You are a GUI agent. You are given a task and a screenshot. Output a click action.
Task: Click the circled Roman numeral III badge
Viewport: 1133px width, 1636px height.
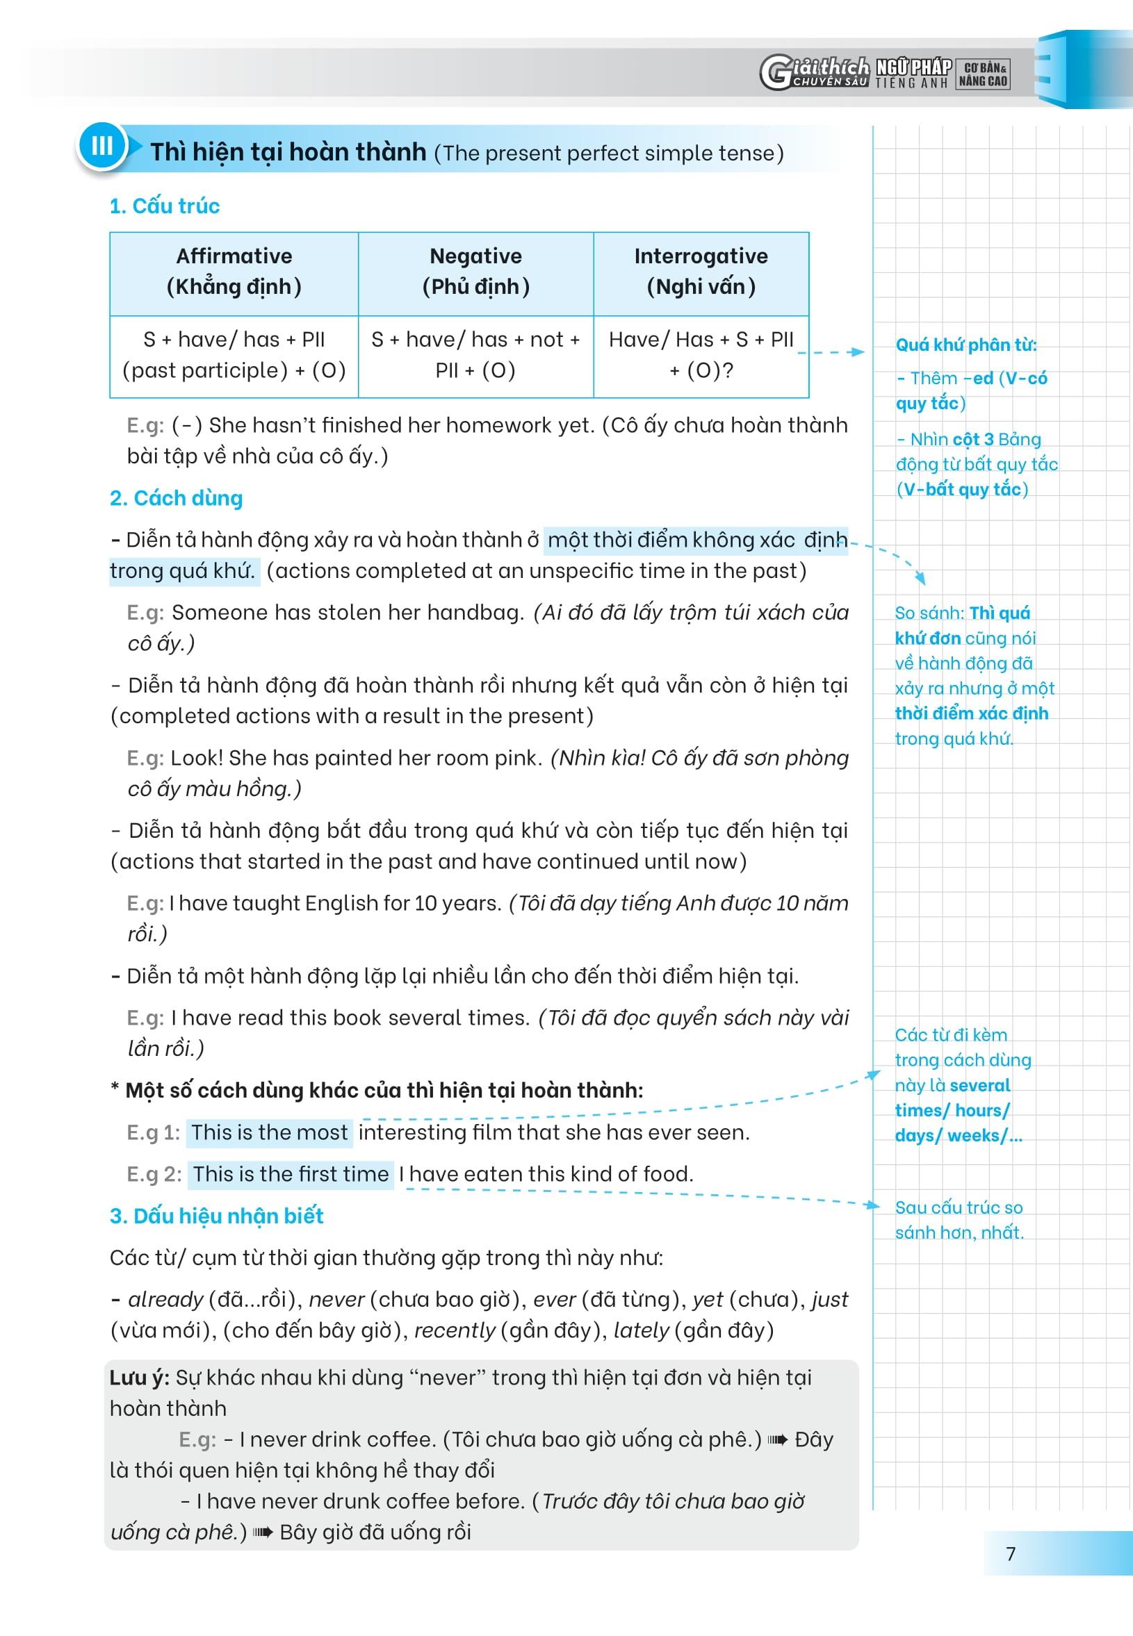coord(101,146)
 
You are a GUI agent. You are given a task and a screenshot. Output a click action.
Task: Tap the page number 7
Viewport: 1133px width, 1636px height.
coord(1011,1553)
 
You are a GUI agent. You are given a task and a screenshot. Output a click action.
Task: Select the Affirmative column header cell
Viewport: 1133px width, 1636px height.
coord(234,272)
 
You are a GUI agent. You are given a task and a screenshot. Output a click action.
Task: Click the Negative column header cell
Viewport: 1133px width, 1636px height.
coord(475,272)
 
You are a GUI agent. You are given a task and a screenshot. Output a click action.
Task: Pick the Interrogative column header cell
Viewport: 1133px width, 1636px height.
coord(701,272)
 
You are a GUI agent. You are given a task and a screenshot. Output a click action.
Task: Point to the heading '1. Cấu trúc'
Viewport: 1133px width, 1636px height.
coord(165,206)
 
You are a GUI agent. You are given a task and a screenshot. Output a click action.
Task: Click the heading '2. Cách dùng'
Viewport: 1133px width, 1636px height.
coord(176,498)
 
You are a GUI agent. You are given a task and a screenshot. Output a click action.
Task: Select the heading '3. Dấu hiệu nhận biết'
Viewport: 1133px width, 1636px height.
coord(216,1215)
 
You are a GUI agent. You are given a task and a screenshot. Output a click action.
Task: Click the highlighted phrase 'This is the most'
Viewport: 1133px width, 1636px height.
coord(270,1132)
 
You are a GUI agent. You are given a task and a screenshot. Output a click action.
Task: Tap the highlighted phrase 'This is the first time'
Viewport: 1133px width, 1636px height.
coord(291,1173)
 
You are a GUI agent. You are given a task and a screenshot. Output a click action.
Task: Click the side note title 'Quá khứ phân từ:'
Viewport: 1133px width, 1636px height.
coord(965,345)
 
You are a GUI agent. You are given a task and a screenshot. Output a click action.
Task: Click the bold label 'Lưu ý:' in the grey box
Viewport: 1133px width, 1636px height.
coord(139,1378)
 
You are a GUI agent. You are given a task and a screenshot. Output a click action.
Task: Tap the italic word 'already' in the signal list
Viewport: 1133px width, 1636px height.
coord(165,1299)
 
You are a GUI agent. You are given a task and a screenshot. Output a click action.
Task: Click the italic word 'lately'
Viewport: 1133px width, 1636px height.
coord(641,1330)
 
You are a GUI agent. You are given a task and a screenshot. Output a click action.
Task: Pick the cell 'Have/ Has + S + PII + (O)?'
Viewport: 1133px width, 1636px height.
coord(701,355)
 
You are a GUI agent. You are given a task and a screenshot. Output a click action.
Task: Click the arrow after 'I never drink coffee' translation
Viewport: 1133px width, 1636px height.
coord(778,1439)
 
